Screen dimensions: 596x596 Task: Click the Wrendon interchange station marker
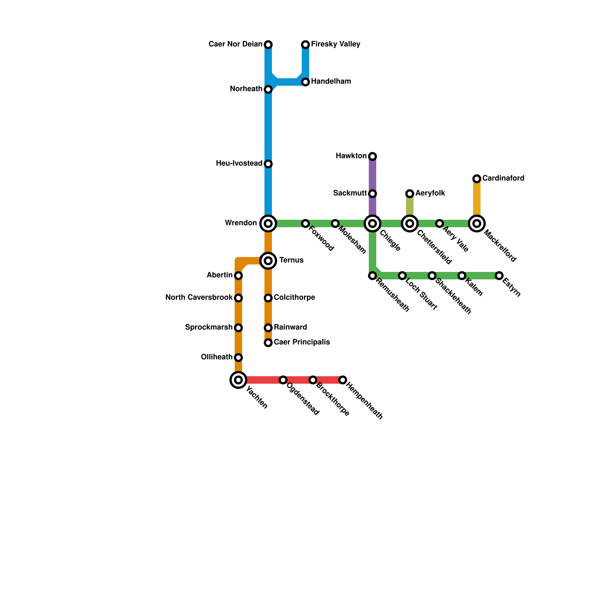(268, 223)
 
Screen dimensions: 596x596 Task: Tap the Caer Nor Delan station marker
(268, 45)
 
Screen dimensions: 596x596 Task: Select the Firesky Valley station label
(336, 44)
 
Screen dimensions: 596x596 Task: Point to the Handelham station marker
(305, 82)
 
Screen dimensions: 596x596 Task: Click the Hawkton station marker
(372, 156)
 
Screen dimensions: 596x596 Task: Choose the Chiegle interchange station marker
(372, 223)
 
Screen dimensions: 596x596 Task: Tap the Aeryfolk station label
(430, 193)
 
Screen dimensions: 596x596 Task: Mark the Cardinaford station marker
(477, 179)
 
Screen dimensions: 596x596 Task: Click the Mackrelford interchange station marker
(477, 223)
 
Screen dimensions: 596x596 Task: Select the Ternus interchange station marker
(268, 261)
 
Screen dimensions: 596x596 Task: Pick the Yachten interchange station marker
(238, 380)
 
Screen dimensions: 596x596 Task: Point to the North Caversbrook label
(199, 298)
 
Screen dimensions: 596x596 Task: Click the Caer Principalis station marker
(268, 343)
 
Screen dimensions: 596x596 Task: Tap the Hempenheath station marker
(343, 380)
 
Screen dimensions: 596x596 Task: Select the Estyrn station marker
(499, 276)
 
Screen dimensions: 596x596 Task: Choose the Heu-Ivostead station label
(239, 164)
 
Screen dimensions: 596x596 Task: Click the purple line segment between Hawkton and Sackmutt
(372, 175)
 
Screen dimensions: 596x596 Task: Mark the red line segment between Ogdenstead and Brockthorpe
(298, 380)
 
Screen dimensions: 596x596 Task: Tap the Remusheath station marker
(372, 276)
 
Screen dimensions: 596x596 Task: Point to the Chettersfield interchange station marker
(410, 223)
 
